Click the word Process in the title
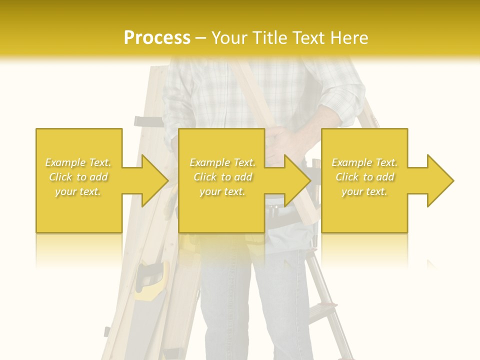click(x=157, y=38)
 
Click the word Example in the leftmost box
click(x=65, y=162)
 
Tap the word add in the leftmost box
click(x=98, y=177)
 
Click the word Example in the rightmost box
click(x=351, y=162)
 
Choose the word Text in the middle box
click(x=243, y=162)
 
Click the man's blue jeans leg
click(x=280, y=305)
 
